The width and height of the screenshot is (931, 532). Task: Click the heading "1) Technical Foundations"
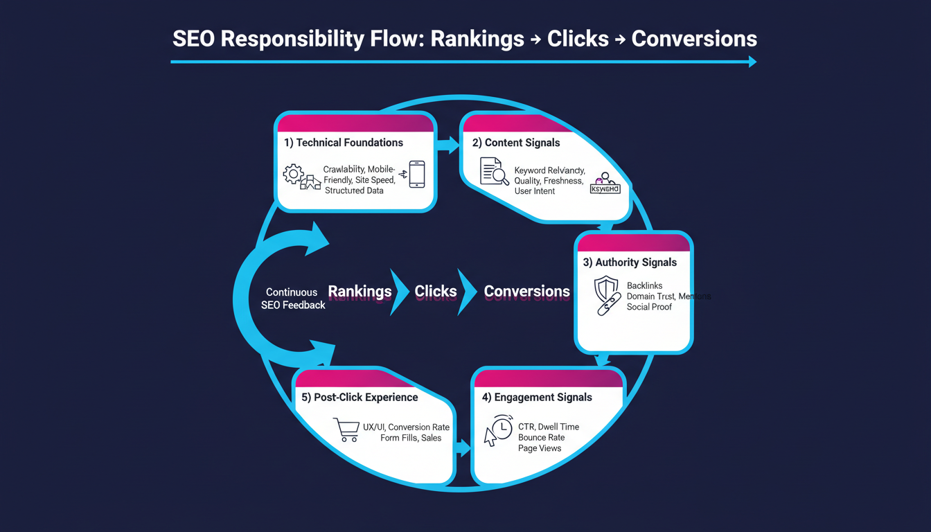tap(344, 143)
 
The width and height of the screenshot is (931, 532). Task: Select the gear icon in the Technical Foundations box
tap(294, 173)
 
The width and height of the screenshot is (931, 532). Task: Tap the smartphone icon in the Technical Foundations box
tap(416, 174)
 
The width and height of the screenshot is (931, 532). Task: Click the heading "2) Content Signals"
tap(516, 143)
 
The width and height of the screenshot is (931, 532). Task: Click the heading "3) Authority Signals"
tap(630, 263)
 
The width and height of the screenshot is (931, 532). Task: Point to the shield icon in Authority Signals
tap(606, 288)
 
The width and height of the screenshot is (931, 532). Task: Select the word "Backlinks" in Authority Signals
tap(644, 285)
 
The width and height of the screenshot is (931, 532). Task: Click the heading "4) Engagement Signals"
tap(537, 398)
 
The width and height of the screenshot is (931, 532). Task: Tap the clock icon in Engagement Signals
tap(501, 426)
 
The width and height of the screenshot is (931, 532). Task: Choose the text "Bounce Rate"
tap(541, 438)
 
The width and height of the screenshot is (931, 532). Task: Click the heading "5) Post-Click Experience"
tap(360, 398)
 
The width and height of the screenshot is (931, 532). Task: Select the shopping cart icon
tap(345, 429)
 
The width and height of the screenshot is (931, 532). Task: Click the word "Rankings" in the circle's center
tap(360, 292)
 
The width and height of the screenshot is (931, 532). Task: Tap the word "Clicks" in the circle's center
tap(436, 292)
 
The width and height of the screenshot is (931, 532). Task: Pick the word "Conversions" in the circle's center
tap(526, 292)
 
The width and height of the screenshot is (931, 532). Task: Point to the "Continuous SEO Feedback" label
tap(292, 299)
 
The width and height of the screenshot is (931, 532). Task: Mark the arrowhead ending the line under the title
tap(752, 62)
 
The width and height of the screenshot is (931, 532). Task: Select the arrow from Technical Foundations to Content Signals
tap(448, 145)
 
